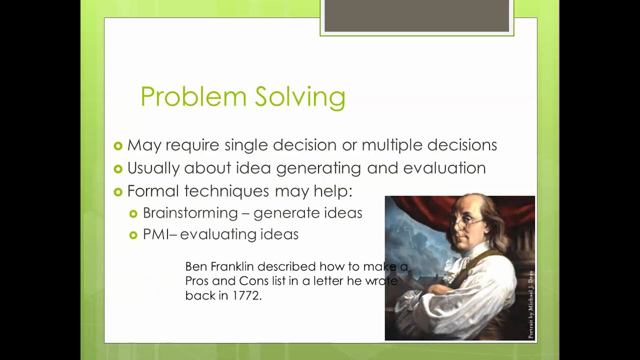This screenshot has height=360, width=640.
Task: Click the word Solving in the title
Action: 300,96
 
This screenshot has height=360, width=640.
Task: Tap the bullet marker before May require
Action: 118,146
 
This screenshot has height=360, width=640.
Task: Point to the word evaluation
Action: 444,168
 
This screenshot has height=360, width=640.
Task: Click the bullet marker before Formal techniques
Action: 118,192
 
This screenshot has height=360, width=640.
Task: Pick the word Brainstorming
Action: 190,213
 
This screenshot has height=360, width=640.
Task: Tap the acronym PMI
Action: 155,234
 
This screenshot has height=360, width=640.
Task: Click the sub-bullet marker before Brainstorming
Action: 133,214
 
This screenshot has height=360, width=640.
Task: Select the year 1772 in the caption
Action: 246,295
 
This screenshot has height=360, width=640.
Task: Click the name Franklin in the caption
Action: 232,266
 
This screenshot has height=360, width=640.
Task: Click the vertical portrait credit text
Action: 530,305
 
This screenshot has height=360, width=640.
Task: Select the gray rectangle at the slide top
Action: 416,16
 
